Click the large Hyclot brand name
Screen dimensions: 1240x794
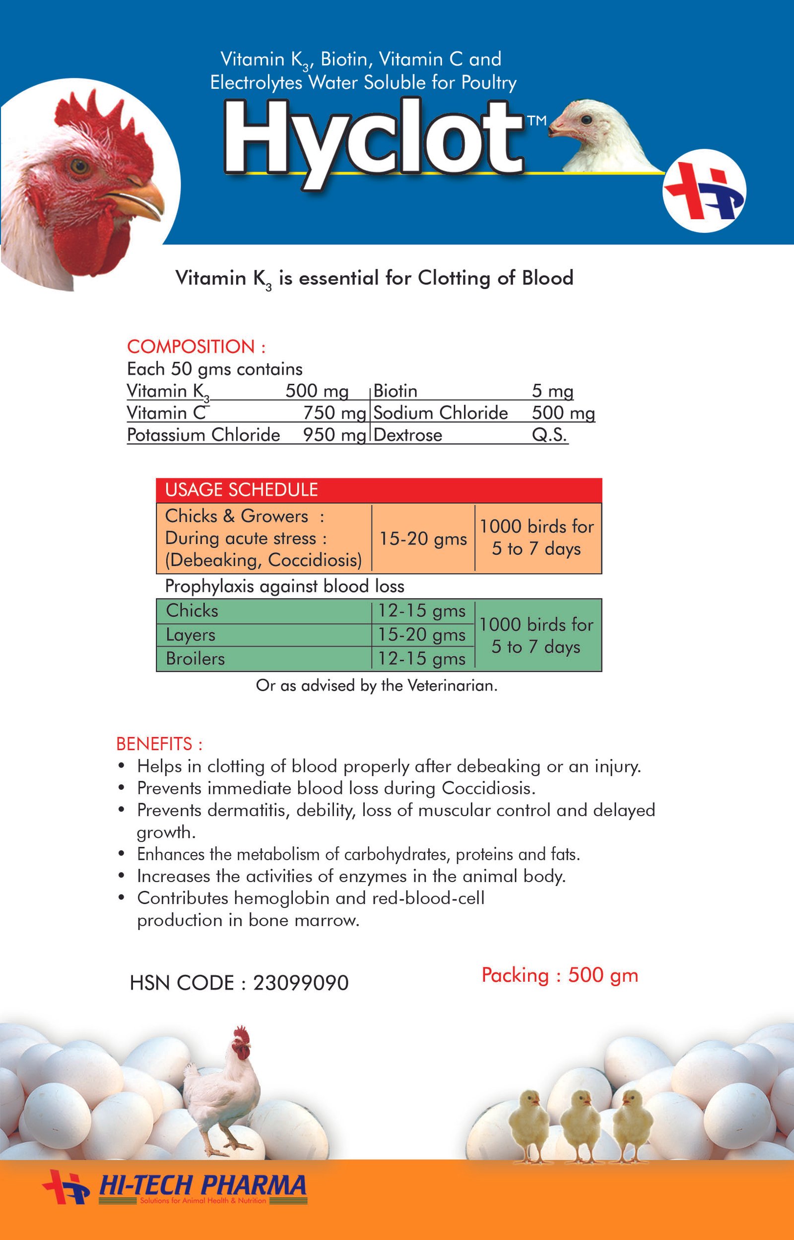[x=374, y=139]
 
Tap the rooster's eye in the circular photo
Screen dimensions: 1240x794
[x=80, y=166]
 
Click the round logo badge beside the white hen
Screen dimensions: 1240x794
[x=704, y=190]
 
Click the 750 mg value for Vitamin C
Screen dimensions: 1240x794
[x=334, y=413]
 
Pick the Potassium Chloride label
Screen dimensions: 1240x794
[x=203, y=435]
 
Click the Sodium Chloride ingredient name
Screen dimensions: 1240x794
[x=440, y=413]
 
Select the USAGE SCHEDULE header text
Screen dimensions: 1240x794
[x=241, y=489]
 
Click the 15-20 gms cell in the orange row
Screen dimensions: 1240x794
[x=423, y=538]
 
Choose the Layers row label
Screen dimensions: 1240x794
[x=190, y=635]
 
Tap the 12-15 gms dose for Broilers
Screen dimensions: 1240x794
[x=421, y=658]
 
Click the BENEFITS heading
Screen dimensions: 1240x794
[x=159, y=744]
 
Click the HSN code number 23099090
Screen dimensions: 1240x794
[x=301, y=983]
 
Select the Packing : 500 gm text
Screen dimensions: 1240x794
[x=559, y=975]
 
